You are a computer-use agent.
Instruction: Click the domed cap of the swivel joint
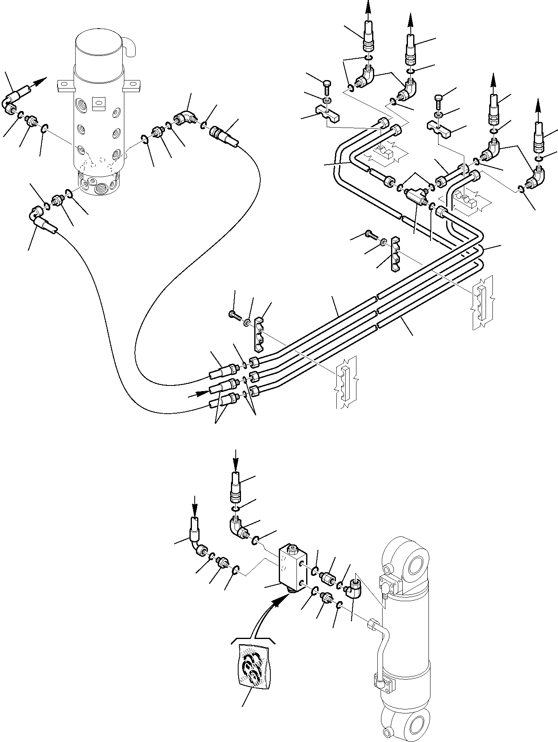(x=99, y=50)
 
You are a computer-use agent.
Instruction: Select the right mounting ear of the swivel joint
(x=132, y=85)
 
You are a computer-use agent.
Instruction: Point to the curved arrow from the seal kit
(x=266, y=616)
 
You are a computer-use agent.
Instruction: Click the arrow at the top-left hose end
(x=40, y=82)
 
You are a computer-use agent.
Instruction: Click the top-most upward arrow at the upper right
(x=367, y=8)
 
